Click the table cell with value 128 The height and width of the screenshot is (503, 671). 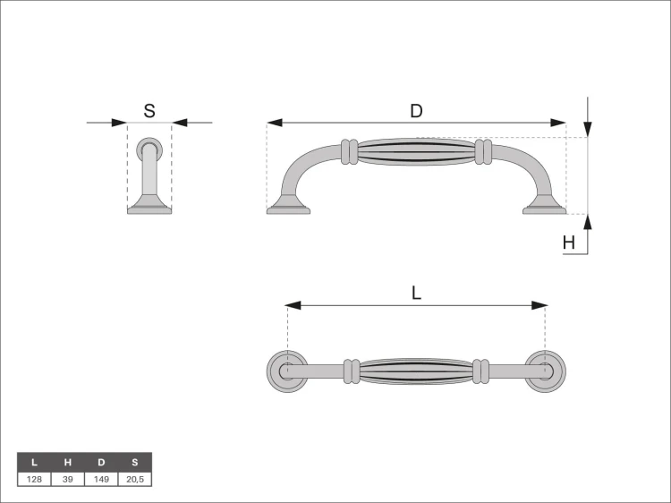[34, 479]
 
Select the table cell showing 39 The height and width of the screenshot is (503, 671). [68, 479]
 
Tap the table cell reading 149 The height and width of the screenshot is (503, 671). [101, 479]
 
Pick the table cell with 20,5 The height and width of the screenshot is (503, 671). [135, 479]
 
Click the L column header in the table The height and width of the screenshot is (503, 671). [34, 463]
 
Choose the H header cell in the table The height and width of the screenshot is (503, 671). [68, 463]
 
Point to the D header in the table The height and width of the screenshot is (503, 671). [101, 463]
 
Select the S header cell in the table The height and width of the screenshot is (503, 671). [135, 463]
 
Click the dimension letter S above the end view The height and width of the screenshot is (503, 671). [149, 111]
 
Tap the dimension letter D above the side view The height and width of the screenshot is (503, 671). [416, 111]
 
